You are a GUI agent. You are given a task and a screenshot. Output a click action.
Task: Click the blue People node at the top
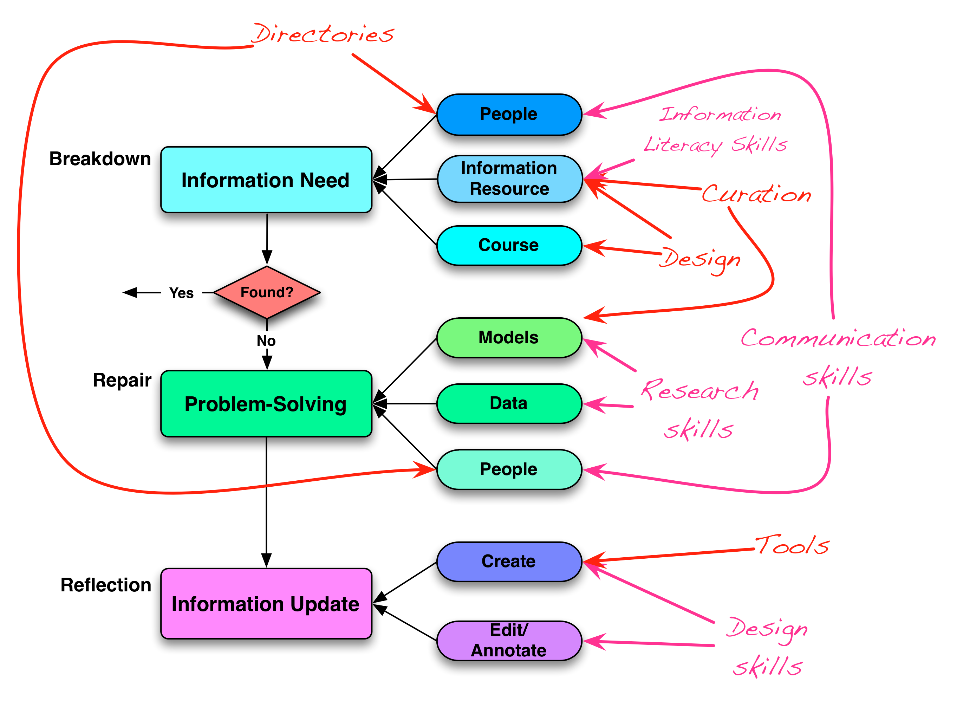(509, 114)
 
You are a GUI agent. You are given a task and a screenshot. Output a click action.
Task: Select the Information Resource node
(509, 179)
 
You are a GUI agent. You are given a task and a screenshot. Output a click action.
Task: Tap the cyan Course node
(509, 245)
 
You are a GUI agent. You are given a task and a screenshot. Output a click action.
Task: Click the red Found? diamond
(267, 293)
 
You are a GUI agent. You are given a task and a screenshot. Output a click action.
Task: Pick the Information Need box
(266, 180)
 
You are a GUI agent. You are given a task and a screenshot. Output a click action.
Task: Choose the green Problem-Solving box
(266, 404)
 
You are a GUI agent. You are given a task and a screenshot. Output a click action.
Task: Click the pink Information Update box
(266, 603)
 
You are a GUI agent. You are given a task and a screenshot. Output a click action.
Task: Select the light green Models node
(509, 338)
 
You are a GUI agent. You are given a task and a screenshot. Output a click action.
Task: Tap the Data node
(509, 403)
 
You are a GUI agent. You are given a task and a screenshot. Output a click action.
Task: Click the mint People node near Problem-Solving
(509, 469)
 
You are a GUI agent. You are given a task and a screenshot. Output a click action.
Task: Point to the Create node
(509, 561)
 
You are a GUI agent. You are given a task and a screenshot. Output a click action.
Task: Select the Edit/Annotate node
(509, 640)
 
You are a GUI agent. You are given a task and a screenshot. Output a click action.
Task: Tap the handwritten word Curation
(756, 194)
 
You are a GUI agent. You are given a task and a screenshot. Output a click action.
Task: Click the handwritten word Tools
(792, 545)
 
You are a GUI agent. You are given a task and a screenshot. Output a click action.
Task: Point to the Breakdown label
(100, 159)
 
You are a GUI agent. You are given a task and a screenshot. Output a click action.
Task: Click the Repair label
(122, 380)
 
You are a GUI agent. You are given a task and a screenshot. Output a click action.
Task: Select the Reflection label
(106, 585)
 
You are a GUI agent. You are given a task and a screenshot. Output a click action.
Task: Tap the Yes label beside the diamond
(181, 293)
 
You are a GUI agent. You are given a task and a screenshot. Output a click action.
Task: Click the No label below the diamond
(266, 340)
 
